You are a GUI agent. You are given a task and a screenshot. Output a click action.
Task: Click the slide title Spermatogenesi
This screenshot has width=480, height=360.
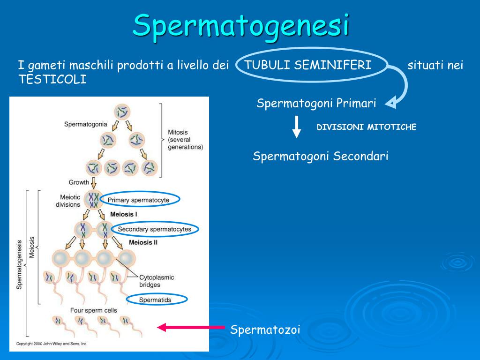241,25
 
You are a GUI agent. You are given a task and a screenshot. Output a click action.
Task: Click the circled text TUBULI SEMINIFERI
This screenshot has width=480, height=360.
308,65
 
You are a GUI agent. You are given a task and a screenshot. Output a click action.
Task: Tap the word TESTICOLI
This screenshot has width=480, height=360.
52,80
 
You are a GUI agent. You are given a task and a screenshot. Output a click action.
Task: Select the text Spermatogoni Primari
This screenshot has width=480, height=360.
316,103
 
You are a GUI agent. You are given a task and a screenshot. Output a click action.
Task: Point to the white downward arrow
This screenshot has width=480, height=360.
296,127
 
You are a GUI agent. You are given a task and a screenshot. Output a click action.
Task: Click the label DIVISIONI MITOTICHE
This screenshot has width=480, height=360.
367,127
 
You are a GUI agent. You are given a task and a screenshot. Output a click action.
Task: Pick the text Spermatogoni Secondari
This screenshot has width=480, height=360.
321,156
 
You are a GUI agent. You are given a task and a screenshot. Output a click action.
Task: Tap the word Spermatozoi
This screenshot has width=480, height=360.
265,330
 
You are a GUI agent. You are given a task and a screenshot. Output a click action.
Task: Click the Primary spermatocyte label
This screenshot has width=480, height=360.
138,200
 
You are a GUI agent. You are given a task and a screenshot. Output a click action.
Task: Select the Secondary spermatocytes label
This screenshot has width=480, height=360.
155,229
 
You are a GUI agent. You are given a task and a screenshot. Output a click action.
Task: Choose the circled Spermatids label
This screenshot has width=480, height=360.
156,300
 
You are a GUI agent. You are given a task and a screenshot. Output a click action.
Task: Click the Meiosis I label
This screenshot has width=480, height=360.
124,214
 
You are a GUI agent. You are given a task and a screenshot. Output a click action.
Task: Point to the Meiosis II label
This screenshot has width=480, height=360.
143,243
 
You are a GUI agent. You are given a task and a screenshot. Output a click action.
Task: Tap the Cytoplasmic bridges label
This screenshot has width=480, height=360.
157,281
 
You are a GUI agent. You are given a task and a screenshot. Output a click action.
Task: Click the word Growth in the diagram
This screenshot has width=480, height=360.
79,182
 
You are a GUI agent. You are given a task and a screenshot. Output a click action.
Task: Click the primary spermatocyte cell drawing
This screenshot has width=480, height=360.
94,200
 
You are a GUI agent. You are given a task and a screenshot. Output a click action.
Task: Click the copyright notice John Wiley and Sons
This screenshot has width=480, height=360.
52,344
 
